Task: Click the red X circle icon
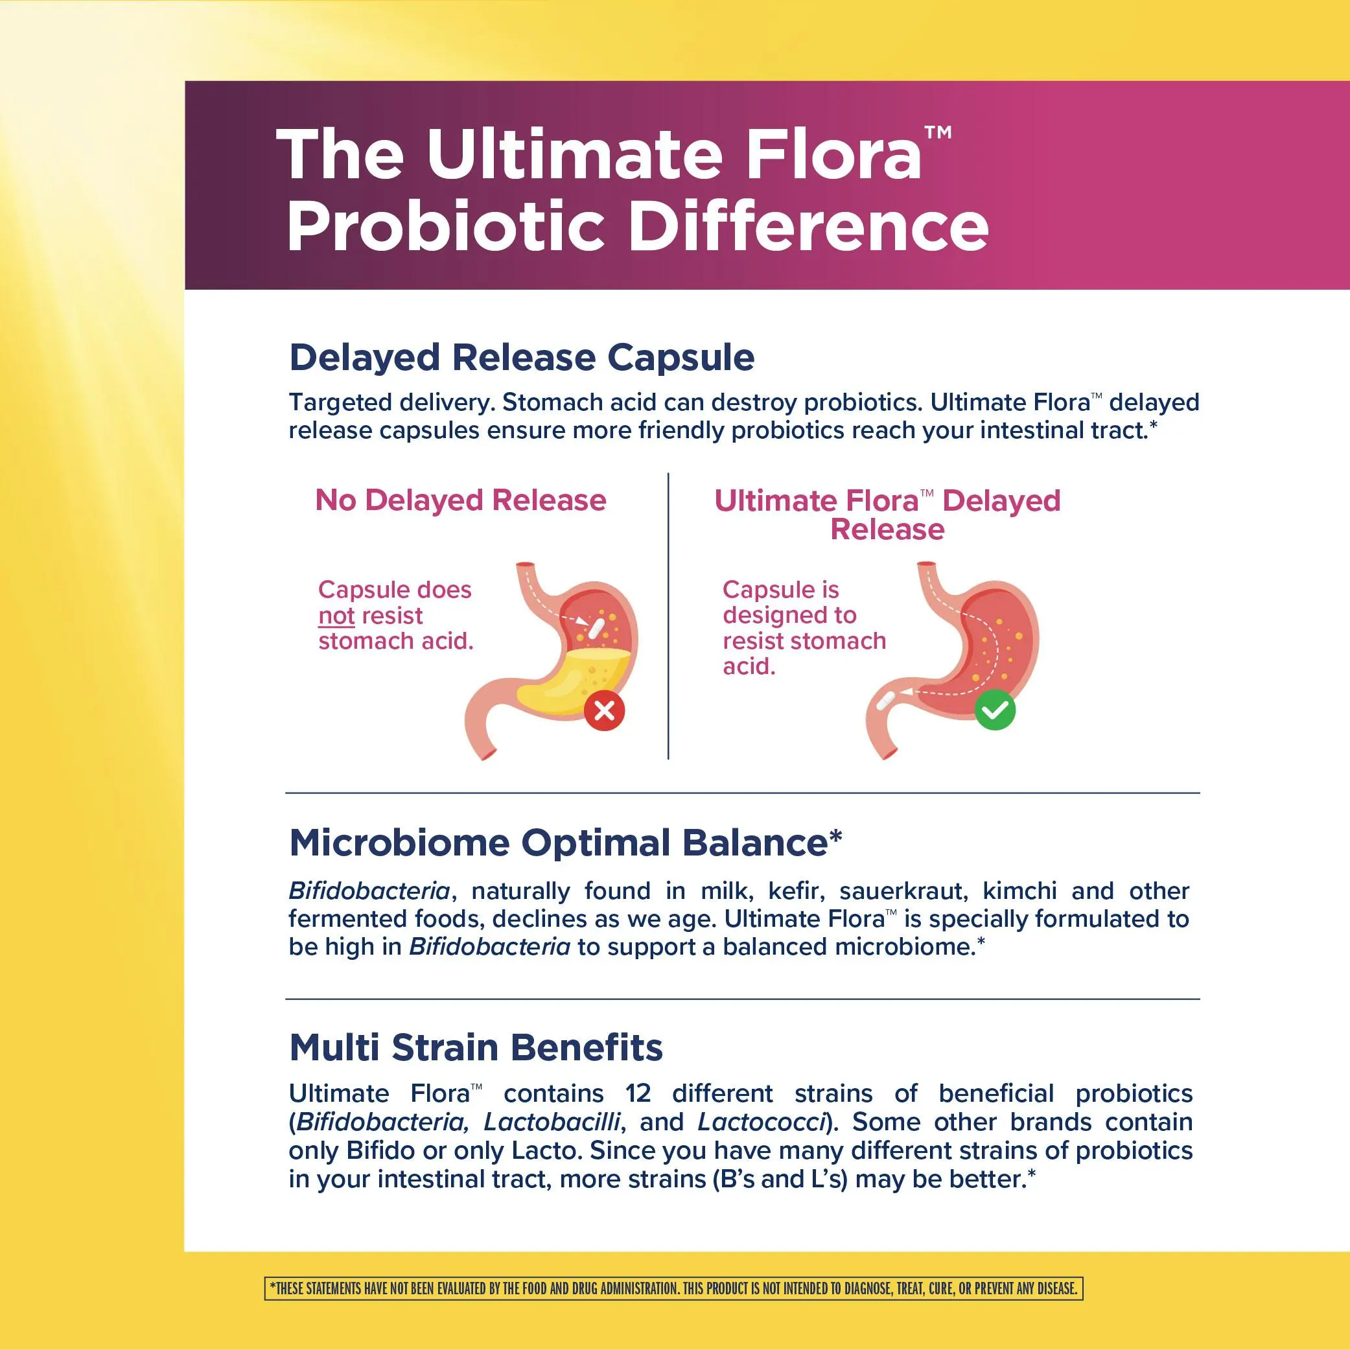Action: pos(605,710)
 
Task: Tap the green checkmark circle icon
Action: pos(994,710)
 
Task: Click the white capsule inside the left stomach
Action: pos(596,627)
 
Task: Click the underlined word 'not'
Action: pos(336,616)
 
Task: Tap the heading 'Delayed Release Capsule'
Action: pos(522,357)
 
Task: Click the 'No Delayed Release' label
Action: pos(461,500)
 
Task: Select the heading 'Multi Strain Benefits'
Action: pos(476,1047)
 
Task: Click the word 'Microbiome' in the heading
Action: pos(399,842)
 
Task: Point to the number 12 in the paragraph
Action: pos(637,1093)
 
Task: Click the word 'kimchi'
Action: pos(1019,891)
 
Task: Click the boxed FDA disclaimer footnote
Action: pos(673,1288)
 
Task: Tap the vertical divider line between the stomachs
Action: pos(669,616)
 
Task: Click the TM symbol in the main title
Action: pos(938,132)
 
